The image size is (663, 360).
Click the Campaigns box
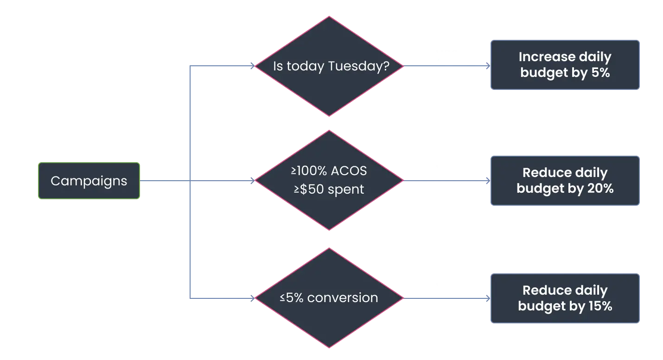pyautogui.click(x=89, y=181)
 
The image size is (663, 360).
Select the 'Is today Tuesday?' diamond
pyautogui.click(x=329, y=66)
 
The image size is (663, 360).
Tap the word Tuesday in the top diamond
pyautogui.click(x=359, y=66)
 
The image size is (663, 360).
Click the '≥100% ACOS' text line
pyautogui.click(x=329, y=171)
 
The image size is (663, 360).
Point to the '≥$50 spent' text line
pyautogui.click(x=329, y=189)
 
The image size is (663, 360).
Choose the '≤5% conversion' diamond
pyautogui.click(x=329, y=298)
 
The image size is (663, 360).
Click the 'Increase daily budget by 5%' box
pyautogui.click(x=565, y=65)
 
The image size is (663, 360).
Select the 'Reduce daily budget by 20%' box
pyautogui.click(x=565, y=181)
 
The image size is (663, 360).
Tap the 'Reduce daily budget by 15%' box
pyautogui.click(x=565, y=298)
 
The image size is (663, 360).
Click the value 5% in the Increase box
pyautogui.click(x=600, y=73)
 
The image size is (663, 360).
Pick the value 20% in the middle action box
pyautogui.click(x=600, y=189)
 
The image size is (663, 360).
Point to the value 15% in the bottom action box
pyautogui.click(x=600, y=306)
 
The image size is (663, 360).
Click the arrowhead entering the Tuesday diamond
pyautogui.click(x=253, y=66)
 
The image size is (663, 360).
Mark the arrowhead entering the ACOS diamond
pyautogui.click(x=253, y=180)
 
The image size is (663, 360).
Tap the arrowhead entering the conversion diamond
pyautogui.click(x=253, y=298)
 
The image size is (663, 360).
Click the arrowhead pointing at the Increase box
pyautogui.click(x=488, y=66)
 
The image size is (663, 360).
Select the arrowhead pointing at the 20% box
pyautogui.click(x=488, y=180)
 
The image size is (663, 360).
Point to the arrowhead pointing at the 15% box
pyautogui.click(x=488, y=298)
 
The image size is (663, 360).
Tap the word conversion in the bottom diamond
pyautogui.click(x=343, y=298)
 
